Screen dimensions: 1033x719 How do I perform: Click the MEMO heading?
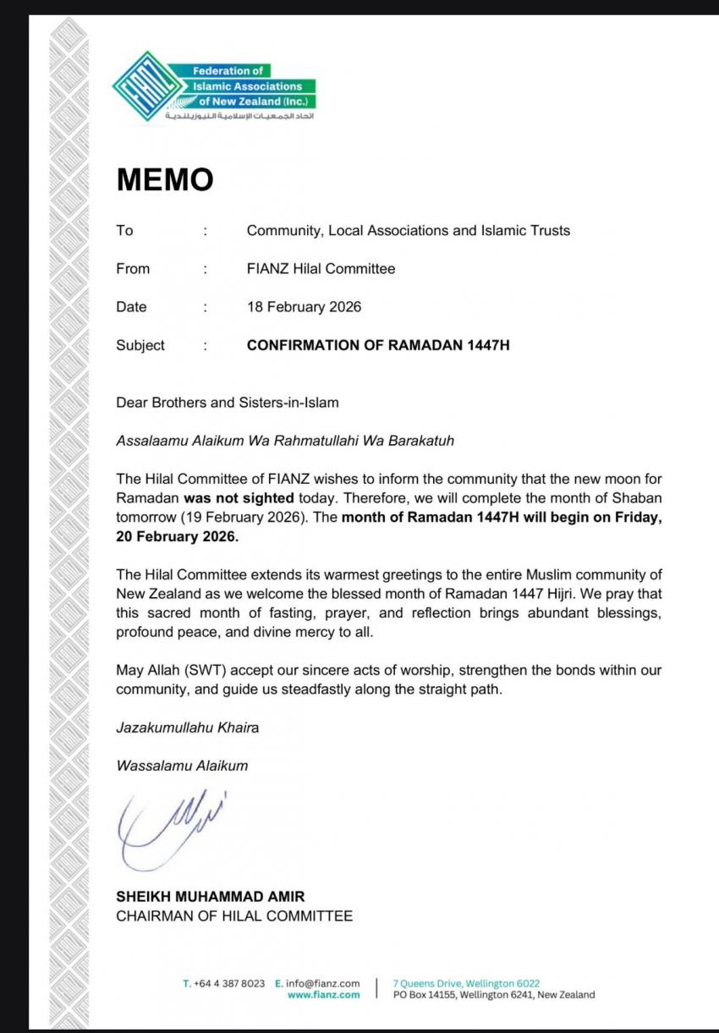coord(164,179)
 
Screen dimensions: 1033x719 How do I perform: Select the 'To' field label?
coord(124,230)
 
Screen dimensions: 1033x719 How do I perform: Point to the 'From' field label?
coord(133,269)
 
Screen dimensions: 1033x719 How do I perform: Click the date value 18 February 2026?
coord(304,307)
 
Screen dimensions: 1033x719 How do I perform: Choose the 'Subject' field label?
coord(140,345)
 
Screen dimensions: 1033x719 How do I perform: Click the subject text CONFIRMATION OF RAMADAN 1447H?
coord(378,345)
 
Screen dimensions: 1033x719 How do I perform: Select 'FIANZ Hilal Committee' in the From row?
coord(321,269)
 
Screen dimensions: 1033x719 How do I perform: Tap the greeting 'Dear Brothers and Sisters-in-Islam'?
coord(227,403)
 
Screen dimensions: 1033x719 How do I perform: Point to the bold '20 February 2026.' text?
coord(178,536)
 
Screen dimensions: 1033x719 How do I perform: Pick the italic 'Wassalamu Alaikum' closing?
coord(182,767)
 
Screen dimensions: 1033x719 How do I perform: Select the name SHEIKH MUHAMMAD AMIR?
coord(211,897)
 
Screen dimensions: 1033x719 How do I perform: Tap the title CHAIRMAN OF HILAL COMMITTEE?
coord(234,916)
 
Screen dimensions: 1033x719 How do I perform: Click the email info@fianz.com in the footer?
coord(324,984)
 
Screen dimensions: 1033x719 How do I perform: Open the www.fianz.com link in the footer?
coord(323,995)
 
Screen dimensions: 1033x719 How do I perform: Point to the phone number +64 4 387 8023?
coord(228,984)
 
